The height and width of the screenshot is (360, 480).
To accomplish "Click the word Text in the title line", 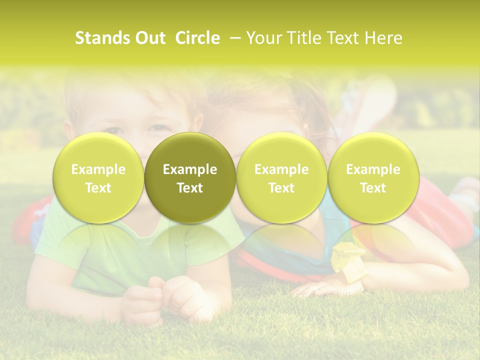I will click(x=343, y=38).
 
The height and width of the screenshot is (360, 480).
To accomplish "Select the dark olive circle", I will click(x=190, y=177).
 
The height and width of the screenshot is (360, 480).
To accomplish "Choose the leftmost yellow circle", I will click(x=98, y=177).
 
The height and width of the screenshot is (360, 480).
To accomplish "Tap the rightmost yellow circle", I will click(x=373, y=177).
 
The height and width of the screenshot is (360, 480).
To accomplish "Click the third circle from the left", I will click(x=281, y=177).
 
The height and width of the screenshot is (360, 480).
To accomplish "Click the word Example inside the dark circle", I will click(x=190, y=169).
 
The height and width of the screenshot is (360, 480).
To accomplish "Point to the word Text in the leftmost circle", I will click(x=98, y=188).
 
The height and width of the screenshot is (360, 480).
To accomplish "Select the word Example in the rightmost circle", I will click(x=373, y=169).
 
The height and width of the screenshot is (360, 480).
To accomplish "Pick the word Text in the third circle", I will click(x=281, y=188).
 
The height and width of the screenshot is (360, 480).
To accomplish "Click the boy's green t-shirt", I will click(x=100, y=250).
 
